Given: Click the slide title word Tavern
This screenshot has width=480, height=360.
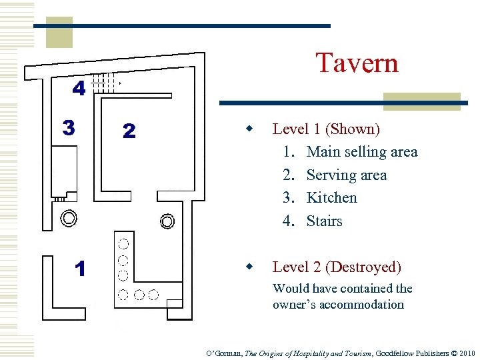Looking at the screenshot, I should (357, 63).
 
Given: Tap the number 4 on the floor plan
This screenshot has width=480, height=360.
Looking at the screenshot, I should (79, 89).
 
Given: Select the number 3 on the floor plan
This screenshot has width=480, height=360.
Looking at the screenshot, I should (69, 127).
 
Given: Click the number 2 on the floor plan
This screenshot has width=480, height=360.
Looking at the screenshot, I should (129, 131).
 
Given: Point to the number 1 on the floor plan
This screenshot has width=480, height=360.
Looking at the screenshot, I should (81, 269).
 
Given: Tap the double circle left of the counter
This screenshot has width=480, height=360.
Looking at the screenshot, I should (69, 217).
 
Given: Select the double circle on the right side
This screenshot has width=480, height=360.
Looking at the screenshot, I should (167, 221).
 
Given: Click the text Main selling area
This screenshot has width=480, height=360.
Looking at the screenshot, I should (361, 152).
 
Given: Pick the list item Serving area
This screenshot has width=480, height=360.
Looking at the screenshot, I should (346, 175).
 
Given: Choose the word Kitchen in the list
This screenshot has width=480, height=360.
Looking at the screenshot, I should (331, 198).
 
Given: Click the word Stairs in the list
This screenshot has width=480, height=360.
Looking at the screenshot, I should (324, 221).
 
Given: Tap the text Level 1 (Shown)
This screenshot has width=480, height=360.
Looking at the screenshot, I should (326, 129).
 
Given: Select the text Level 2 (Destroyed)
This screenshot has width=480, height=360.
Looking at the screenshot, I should (337, 267).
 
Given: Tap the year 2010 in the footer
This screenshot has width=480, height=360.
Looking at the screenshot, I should (467, 353).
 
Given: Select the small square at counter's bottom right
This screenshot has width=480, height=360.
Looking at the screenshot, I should (175, 307).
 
